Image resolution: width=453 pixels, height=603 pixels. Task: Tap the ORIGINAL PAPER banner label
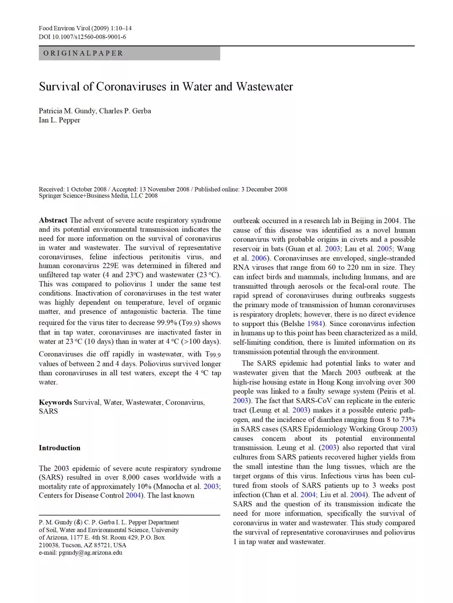coord(83,53)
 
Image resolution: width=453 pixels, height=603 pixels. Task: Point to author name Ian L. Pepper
coord(60,120)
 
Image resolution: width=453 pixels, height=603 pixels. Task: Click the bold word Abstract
coord(53,220)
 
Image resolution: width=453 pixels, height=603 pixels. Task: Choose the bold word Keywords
coord(55,402)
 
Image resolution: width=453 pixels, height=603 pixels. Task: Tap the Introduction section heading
coord(60,448)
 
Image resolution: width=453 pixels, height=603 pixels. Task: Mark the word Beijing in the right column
coord(362,221)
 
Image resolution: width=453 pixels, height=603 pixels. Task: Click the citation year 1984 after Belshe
coord(315,324)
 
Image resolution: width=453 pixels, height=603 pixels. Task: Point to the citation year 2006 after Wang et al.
coord(259,258)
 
